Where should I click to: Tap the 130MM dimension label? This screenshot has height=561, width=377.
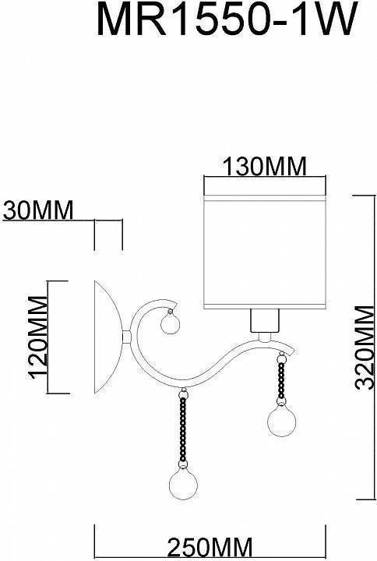pyautogui.click(x=264, y=166)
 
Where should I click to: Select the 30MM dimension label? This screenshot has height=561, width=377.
pyautogui.click(x=37, y=210)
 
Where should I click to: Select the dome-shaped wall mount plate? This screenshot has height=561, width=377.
pyautogui.click(x=107, y=337)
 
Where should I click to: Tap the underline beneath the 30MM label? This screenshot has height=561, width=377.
pyautogui.click(x=47, y=221)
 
